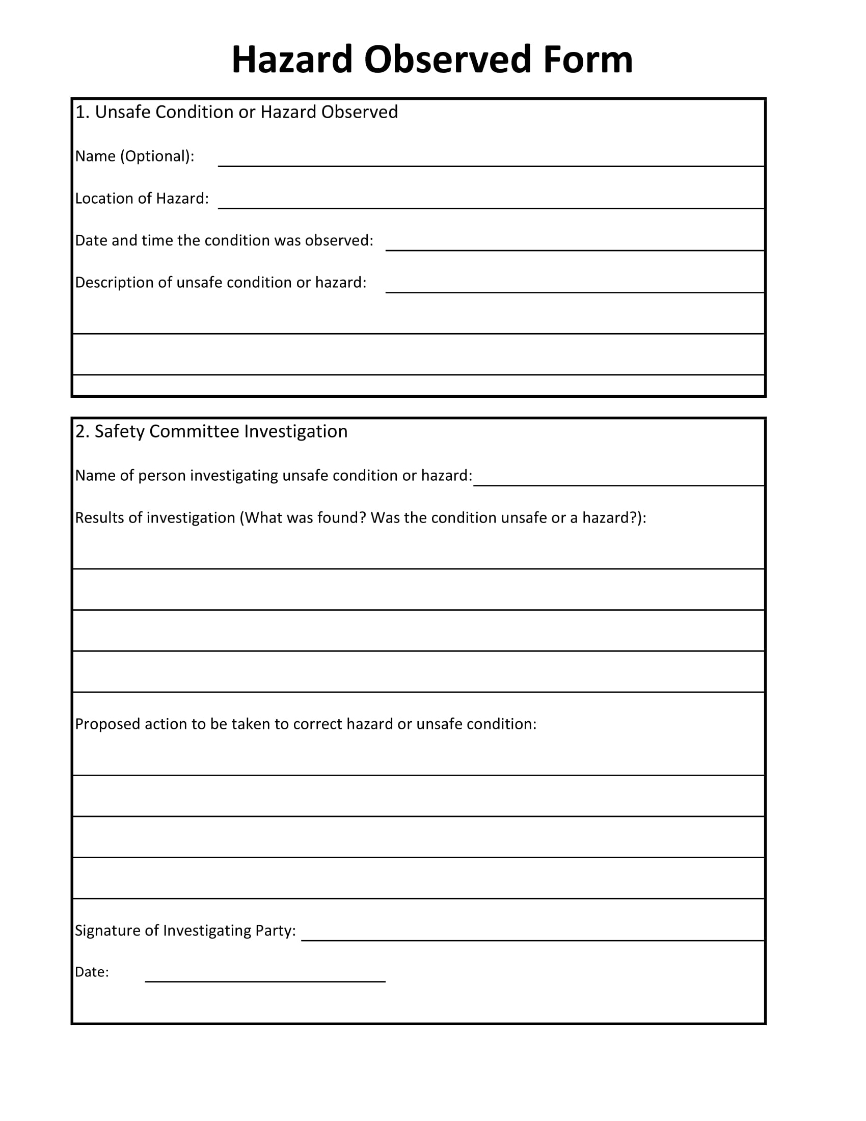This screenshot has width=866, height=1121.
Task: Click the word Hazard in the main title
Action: tap(292, 60)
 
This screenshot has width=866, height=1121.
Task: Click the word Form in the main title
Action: tap(588, 60)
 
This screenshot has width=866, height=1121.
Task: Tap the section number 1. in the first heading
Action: tap(82, 113)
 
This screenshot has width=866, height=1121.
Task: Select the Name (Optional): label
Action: tap(134, 156)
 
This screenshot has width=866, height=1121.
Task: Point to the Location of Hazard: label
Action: tap(142, 199)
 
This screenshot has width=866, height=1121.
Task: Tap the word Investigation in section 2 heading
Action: tap(295, 432)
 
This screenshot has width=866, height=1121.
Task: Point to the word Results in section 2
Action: tap(99, 518)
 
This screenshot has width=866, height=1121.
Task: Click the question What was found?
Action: tap(305, 518)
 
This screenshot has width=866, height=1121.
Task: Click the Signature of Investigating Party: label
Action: tap(185, 931)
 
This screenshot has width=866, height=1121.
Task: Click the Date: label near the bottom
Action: tap(92, 972)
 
